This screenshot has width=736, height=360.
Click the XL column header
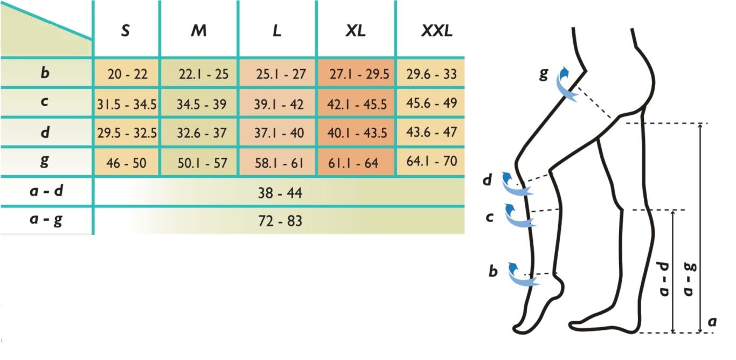pyautogui.click(x=356, y=31)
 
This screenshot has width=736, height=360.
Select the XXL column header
pyautogui.click(x=436, y=31)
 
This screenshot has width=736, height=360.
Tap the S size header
pyautogui.click(x=125, y=31)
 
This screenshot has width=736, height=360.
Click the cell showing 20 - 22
pyautogui.click(x=128, y=74)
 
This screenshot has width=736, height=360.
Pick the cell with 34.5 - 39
pyautogui.click(x=202, y=104)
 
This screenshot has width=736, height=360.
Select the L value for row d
pyautogui.click(x=279, y=133)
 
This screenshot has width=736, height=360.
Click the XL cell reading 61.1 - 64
pyautogui.click(x=353, y=163)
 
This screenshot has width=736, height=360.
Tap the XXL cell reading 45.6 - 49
pyautogui.click(x=432, y=103)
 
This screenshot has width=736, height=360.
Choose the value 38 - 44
pyautogui.click(x=280, y=192)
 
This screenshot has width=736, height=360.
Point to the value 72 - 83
pyautogui.click(x=280, y=221)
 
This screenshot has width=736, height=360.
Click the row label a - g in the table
pyautogui.click(x=46, y=220)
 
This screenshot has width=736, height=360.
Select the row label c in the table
pyautogui.click(x=45, y=102)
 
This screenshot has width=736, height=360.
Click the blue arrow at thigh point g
pyautogui.click(x=566, y=84)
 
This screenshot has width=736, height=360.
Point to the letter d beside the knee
pyautogui.click(x=487, y=180)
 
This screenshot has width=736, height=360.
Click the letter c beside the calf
pyautogui.click(x=490, y=217)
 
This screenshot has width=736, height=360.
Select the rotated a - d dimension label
pyautogui.click(x=664, y=279)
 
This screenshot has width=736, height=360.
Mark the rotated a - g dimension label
pyautogui.click(x=689, y=279)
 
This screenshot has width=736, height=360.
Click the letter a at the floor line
pyautogui.click(x=712, y=321)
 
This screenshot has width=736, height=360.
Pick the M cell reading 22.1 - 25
pyautogui.click(x=204, y=74)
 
